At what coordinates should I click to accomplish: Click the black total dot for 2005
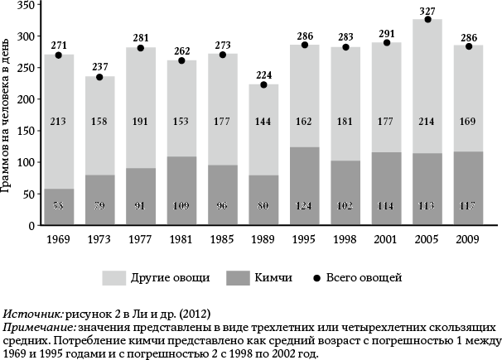288,19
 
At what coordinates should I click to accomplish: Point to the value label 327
288,10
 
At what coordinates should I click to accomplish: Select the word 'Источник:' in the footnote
33,314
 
